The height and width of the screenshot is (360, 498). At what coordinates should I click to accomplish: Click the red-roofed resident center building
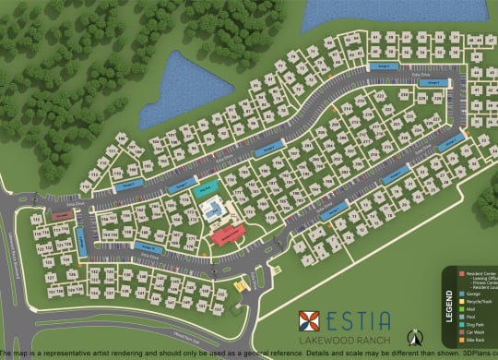(x=227, y=234)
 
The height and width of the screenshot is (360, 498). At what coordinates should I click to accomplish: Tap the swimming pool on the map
(x=213, y=210)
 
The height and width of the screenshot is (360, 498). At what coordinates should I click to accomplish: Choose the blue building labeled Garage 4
(x=268, y=148)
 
